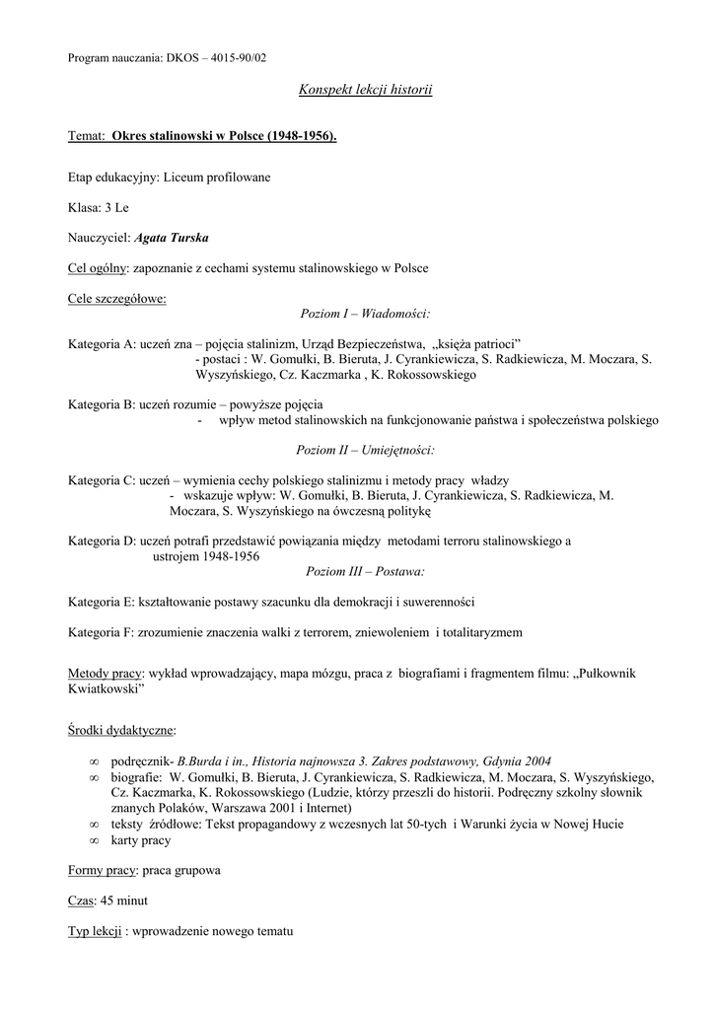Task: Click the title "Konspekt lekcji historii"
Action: tap(365, 91)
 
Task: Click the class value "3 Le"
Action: tap(116, 207)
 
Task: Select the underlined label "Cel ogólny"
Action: tap(98, 268)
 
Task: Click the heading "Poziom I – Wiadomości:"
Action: tap(365, 313)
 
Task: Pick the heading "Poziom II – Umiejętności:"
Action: tap(365, 450)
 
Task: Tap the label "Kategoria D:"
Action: tap(102, 541)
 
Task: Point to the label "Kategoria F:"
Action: tap(101, 631)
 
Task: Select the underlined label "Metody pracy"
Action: tap(106, 673)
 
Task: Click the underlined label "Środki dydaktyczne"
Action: tap(121, 730)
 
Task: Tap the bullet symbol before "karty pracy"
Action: tap(94, 840)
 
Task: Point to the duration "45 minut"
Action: tap(124, 901)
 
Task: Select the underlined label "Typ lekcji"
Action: tap(95, 931)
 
